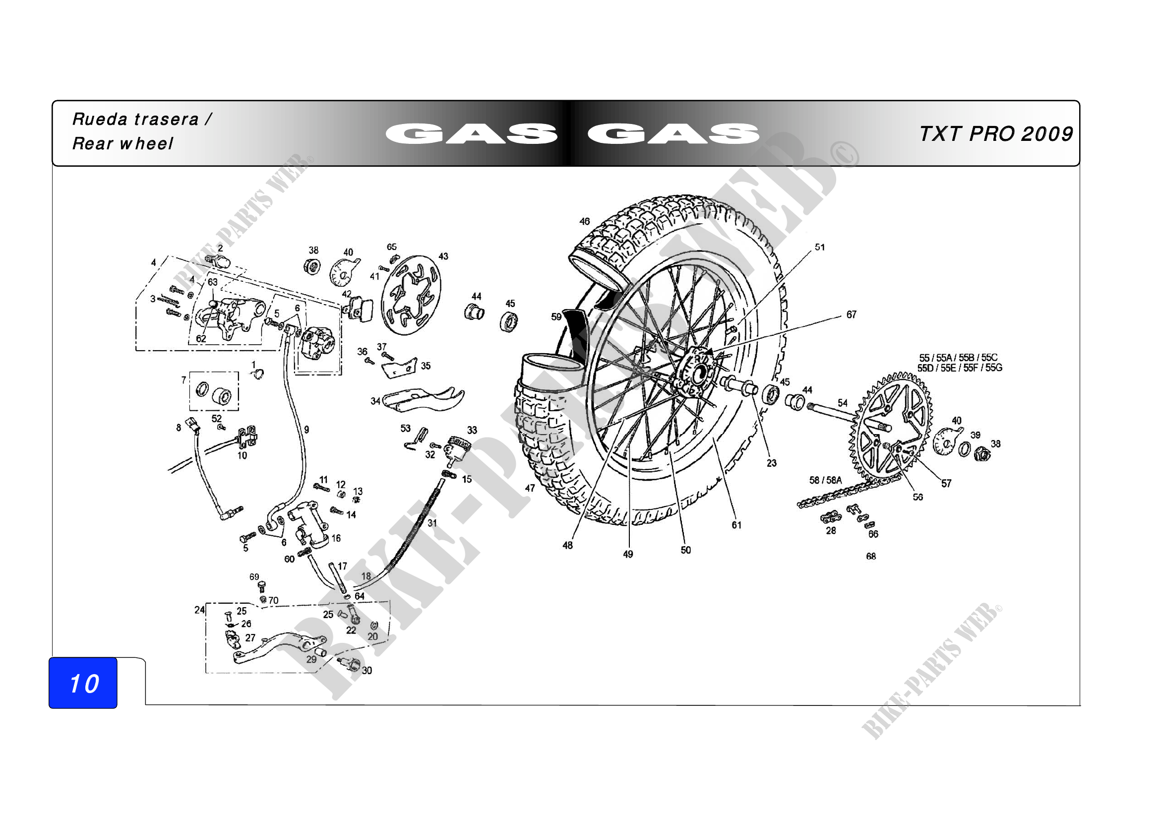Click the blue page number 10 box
point(83,683)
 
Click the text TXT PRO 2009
point(996,134)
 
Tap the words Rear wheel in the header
point(123,143)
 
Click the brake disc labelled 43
point(410,295)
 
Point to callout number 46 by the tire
point(585,221)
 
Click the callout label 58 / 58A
point(826,480)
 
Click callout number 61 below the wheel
point(736,525)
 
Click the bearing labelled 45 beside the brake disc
point(508,322)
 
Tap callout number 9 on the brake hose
point(306,430)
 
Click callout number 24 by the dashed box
point(199,610)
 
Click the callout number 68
point(871,556)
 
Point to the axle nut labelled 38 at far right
point(982,454)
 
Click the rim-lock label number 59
point(556,317)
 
